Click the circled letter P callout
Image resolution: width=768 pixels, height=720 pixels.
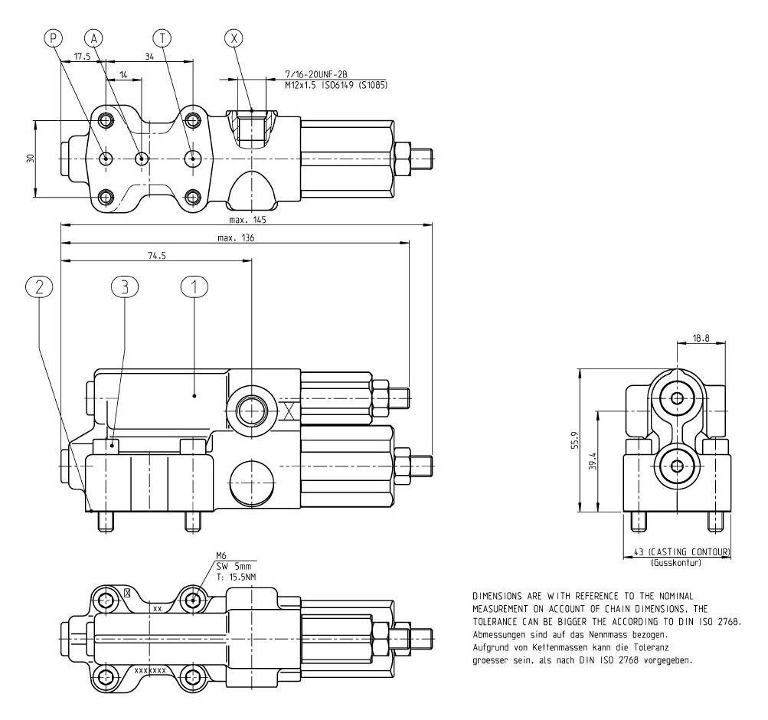pyautogui.click(x=53, y=37)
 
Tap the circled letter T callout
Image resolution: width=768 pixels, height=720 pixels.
pyautogui.click(x=162, y=37)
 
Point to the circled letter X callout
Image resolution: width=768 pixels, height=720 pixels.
pyautogui.click(x=234, y=37)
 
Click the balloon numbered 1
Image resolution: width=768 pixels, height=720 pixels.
pyautogui.click(x=194, y=286)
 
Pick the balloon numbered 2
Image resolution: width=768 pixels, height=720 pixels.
pyautogui.click(x=39, y=286)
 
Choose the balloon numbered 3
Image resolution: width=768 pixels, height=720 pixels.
pyautogui.click(x=125, y=286)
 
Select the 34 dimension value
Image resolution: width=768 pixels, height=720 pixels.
pyautogui.click(x=149, y=57)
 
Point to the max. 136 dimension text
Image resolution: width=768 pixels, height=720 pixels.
pyautogui.click(x=236, y=238)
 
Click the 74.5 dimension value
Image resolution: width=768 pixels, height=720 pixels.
pyautogui.click(x=156, y=257)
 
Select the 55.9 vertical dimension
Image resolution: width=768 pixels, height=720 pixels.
pyautogui.click(x=574, y=442)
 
